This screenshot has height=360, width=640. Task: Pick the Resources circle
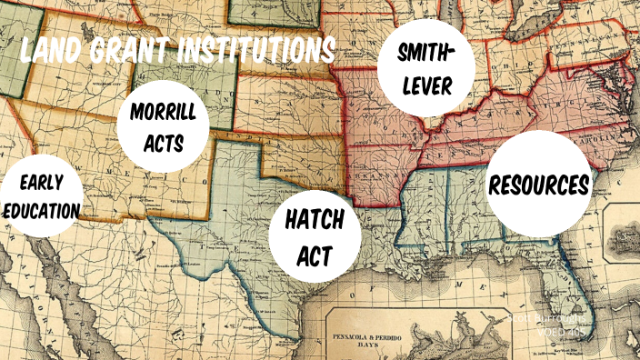pyautogui.click(x=539, y=185)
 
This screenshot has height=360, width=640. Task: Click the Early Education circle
pyautogui.click(x=40, y=196)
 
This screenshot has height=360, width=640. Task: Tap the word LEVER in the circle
pyautogui.click(x=425, y=89)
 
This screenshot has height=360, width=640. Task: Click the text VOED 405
pyautogui.click(x=565, y=334)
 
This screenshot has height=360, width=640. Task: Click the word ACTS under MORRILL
pyautogui.click(x=165, y=143)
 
